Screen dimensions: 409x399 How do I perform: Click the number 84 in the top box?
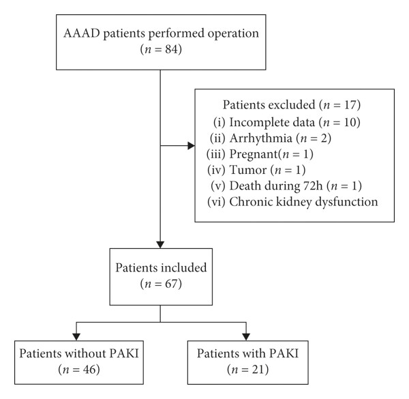[171, 49]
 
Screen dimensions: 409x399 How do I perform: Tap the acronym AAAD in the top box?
[82, 33]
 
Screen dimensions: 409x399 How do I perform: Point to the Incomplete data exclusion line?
[287, 122]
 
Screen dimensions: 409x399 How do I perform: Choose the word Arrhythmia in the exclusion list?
[261, 138]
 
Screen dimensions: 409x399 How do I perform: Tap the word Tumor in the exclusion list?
[248, 170]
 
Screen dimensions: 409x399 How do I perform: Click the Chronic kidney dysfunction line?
[292, 202]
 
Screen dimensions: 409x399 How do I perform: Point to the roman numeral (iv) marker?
[216, 170]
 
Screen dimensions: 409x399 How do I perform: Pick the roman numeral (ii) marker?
[217, 138]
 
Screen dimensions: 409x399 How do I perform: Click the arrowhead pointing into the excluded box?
[191, 145]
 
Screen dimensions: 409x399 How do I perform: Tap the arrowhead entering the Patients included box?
[160, 245]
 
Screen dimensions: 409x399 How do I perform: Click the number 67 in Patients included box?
[171, 284]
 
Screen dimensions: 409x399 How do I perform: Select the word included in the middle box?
[184, 268]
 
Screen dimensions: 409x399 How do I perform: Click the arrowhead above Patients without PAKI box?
[76, 337]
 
